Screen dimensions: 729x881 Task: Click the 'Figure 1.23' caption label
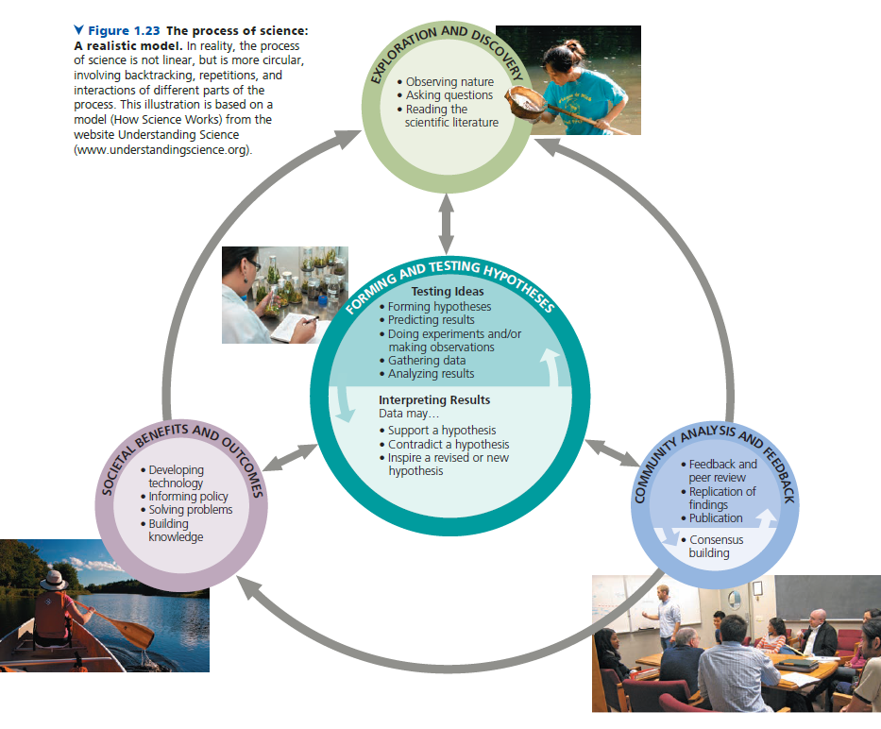123,31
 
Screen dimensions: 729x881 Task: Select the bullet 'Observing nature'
449,82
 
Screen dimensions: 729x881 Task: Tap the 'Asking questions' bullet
449,95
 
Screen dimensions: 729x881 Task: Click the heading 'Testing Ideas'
447,292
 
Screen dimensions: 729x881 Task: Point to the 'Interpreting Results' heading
434,400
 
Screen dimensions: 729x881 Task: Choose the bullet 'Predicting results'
431,320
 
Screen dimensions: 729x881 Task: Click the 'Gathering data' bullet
427,361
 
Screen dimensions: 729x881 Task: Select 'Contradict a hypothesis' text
449,444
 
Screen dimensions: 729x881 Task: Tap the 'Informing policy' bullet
188,497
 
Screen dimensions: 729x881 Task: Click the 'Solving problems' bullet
190,510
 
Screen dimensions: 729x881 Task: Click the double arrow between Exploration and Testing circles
447,222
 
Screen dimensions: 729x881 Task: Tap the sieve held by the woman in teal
525,102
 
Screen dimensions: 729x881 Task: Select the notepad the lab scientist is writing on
288,328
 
